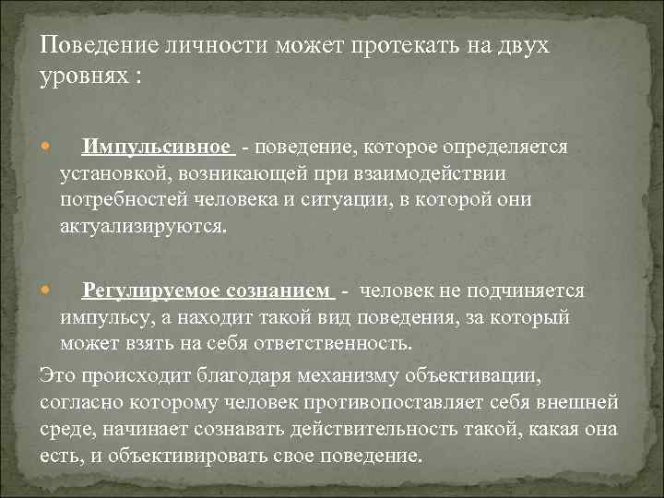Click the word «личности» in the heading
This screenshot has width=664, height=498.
pos(217,45)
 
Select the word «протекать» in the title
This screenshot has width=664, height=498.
pos(405,46)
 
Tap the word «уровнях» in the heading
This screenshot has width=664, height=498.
pos(84,77)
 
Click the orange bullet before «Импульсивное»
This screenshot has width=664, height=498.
pos(45,147)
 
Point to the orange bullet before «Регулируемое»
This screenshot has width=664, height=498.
pos(45,290)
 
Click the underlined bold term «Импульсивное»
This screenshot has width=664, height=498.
pos(156,148)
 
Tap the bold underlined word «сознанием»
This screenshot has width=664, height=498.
pos(278,290)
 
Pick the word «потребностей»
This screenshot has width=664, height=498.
pos(124,200)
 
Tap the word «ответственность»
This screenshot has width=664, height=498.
pos(332,344)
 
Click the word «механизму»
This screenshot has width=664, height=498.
pos(348,376)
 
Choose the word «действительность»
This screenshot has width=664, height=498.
pos(374,430)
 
